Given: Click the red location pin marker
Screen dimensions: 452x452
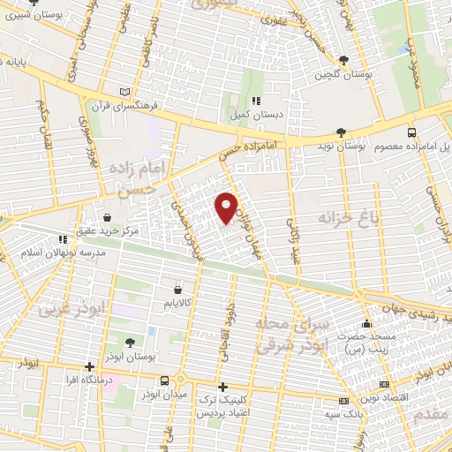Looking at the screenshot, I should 227,207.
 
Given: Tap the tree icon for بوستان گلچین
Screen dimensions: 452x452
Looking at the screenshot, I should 343,60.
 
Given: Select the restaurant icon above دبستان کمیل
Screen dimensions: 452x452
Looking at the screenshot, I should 256,100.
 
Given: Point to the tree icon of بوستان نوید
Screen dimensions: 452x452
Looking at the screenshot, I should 341,132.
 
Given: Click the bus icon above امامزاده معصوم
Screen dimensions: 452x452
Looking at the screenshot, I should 411,132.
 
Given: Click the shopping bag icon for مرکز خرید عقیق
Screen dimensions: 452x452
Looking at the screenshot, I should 108,216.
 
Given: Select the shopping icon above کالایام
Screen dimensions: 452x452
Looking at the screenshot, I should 179,289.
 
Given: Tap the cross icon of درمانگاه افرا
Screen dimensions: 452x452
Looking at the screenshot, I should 89,367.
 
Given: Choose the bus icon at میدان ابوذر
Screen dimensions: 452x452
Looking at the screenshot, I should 165,381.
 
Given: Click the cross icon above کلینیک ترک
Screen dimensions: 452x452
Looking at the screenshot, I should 222,387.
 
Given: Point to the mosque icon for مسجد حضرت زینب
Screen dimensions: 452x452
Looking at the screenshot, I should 366,325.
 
